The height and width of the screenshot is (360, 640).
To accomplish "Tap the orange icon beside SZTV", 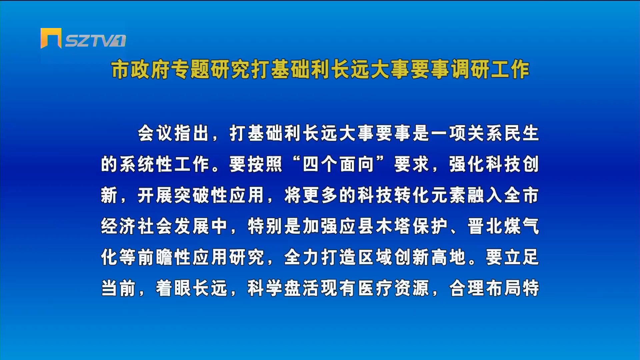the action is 51,38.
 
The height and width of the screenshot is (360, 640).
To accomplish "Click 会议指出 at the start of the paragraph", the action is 173,133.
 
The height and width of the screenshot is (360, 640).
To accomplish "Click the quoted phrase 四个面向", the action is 338,164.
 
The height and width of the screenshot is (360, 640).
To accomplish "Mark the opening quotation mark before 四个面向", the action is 295,160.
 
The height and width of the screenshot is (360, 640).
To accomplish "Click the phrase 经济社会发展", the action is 155,226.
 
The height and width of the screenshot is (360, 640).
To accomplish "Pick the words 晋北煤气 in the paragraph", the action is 503,226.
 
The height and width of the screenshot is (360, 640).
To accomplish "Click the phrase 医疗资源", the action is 393,288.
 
